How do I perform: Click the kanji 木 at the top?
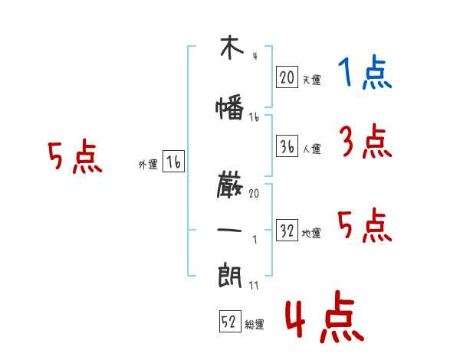232,47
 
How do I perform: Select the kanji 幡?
230,107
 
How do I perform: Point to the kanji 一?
229,230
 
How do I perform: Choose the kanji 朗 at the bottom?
230,275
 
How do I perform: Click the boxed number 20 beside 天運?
287,77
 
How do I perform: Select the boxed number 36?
287,146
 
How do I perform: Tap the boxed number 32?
287,230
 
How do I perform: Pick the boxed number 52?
230,321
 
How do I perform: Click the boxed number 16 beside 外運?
173,162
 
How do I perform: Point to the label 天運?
312,80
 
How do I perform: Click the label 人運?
312,149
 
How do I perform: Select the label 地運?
311,233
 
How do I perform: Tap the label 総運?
255,325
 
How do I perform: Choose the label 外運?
148,165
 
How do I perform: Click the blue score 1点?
365,72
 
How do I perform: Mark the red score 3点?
366,141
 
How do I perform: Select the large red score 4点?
325,316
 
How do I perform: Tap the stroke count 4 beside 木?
255,56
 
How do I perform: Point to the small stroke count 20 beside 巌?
254,193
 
